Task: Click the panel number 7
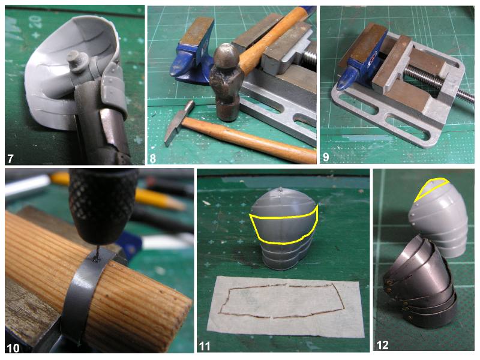10,159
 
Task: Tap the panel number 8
152,158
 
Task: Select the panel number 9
326,157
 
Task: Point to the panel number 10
13,348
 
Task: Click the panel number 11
205,346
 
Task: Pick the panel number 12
382,345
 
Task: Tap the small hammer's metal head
178,122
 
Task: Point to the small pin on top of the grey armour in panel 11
281,190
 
